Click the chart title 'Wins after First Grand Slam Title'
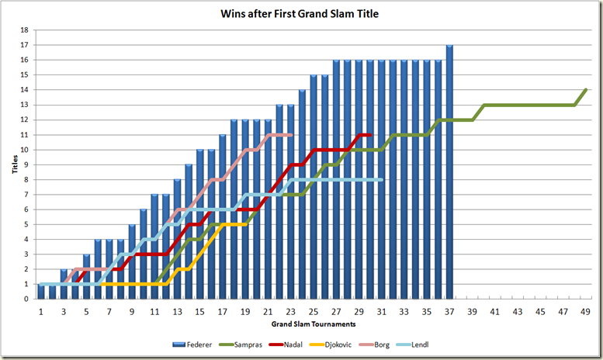coord(301,13)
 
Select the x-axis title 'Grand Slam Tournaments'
coord(313,323)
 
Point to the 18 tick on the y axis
coord(24,30)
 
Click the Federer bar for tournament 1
coord(41,292)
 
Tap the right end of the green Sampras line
coord(586,90)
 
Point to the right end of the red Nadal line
coord(371,135)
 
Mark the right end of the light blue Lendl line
coord(382,180)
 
